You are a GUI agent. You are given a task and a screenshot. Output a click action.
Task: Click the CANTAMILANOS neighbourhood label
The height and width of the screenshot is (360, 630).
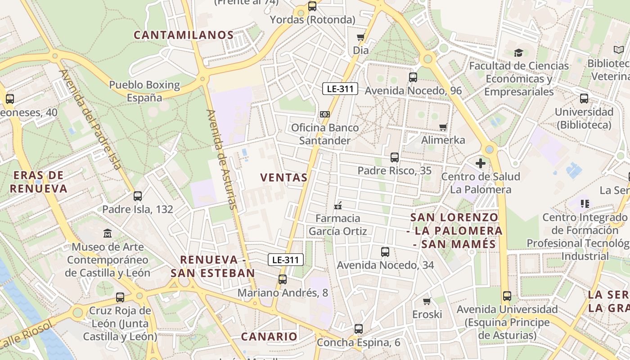pyautogui.click(x=184, y=35)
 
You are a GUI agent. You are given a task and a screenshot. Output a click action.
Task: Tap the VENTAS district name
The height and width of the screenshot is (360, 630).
pyautogui.click(x=284, y=177)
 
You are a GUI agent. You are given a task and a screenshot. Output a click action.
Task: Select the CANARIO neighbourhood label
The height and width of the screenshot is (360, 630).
pyautogui.click(x=269, y=336)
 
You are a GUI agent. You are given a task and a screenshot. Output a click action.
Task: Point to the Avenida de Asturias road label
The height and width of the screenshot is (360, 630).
pyautogui.click(x=221, y=159)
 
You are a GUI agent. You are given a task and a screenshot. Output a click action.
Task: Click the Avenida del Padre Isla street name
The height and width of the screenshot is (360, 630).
pyautogui.click(x=90, y=120)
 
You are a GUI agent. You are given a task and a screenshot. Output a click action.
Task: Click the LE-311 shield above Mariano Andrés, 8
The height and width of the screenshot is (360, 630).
pyautogui.click(x=286, y=260)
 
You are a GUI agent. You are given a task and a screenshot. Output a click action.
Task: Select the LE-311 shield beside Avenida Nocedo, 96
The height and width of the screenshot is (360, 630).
pyautogui.click(x=340, y=89)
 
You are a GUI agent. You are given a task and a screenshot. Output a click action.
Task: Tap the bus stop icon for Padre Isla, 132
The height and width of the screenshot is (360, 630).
pyautogui.click(x=138, y=196)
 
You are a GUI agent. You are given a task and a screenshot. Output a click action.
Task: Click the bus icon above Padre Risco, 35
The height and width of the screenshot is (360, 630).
pyautogui.click(x=395, y=157)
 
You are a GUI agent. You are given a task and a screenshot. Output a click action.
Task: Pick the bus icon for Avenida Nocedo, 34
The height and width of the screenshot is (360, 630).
pyautogui.click(x=385, y=252)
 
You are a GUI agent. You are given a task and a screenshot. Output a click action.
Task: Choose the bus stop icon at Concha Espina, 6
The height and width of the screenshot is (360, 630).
pyautogui.click(x=358, y=329)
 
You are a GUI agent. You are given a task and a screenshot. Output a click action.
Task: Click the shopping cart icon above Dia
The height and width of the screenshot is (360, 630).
pyautogui.click(x=360, y=37)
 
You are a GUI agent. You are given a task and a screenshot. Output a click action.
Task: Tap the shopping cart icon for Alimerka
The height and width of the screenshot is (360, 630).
pyautogui.click(x=443, y=127)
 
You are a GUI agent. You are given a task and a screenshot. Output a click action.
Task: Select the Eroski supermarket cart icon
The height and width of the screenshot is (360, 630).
pyautogui.click(x=427, y=301)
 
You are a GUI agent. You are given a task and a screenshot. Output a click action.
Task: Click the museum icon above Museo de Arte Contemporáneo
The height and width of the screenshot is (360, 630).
pyautogui.click(x=108, y=234)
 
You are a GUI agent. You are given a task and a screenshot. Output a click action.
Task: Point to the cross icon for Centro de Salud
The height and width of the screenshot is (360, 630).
pyautogui.click(x=481, y=163)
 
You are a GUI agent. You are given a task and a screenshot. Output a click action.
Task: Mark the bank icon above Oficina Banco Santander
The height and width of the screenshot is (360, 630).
pyautogui.click(x=325, y=114)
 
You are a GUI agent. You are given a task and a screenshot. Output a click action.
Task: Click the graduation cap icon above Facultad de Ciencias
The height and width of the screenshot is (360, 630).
pyautogui.click(x=519, y=53)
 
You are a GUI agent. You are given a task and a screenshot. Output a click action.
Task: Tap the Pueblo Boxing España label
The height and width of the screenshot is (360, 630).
pyautogui.click(x=144, y=91)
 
